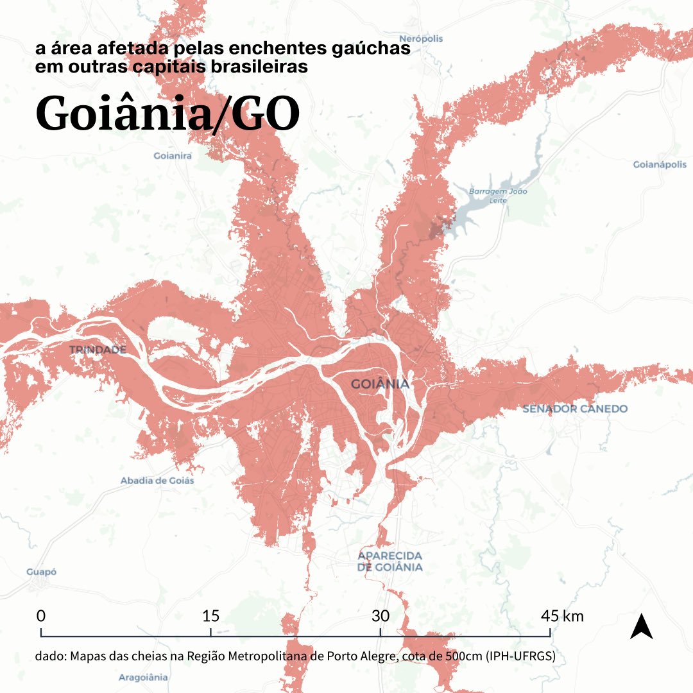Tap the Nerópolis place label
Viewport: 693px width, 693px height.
(x=421, y=38)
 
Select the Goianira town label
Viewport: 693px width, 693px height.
(x=173, y=156)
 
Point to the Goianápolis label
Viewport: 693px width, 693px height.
(x=660, y=165)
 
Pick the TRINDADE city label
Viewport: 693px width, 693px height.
(x=97, y=350)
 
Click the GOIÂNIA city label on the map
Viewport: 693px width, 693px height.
(x=380, y=384)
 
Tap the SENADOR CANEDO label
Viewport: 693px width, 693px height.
(x=575, y=409)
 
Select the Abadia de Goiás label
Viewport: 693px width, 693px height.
(x=157, y=481)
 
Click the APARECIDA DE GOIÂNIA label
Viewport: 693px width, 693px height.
(x=390, y=561)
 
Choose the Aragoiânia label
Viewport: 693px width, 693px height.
(x=143, y=677)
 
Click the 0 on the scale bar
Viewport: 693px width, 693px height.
(x=41, y=617)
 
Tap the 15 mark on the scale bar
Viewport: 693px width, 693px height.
(x=210, y=617)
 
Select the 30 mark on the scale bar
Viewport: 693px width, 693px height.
(x=381, y=617)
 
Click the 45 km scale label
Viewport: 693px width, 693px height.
(x=562, y=617)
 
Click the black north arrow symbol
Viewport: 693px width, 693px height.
(x=641, y=627)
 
